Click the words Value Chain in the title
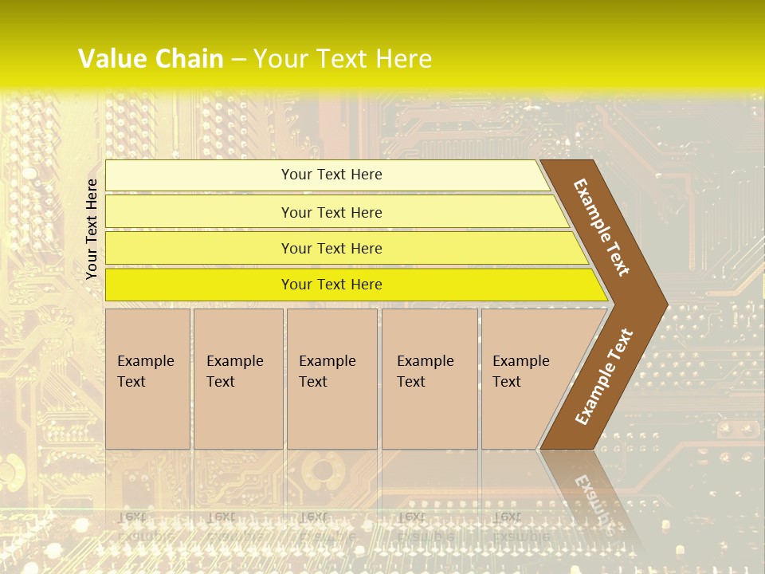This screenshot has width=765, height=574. [x=151, y=59]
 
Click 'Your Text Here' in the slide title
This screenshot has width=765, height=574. [x=343, y=59]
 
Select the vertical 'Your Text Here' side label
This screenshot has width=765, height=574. [x=92, y=229]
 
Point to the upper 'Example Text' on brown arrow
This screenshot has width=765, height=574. [x=602, y=227]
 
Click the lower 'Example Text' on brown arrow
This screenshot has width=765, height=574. [x=603, y=377]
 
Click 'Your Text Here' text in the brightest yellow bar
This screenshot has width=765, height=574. [x=331, y=285]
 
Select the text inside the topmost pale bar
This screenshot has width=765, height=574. [x=331, y=175]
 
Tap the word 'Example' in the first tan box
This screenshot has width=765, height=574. [x=145, y=361]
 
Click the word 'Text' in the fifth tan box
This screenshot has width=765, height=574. [x=506, y=382]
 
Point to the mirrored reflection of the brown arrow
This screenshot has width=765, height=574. [x=590, y=494]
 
